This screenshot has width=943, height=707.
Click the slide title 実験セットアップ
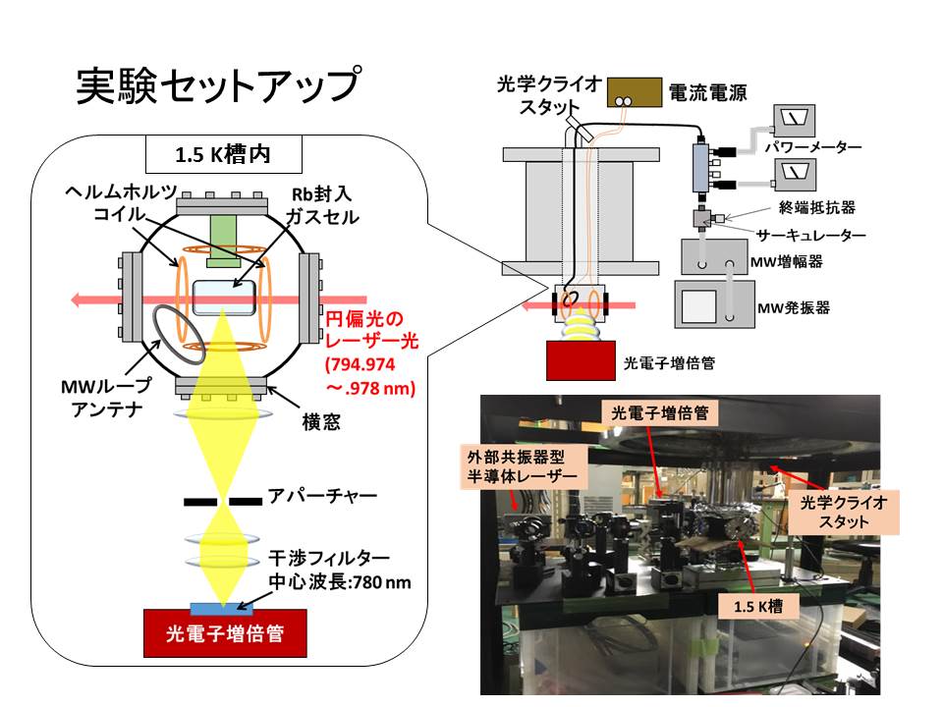click(x=219, y=86)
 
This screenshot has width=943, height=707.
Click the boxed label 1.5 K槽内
click(x=223, y=155)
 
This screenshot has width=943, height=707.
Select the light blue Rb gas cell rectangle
click(x=223, y=296)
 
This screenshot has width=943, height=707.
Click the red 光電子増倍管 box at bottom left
click(x=224, y=633)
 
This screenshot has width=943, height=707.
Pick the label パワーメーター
click(x=821, y=147)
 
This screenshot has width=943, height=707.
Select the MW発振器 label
click(x=795, y=307)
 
